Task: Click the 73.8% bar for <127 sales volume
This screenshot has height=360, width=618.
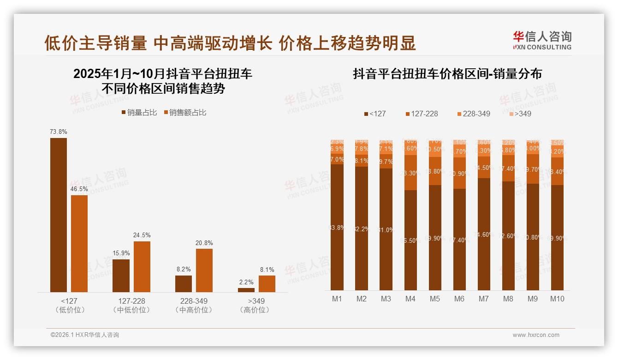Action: [59, 215]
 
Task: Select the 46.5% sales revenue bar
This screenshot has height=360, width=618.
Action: [79, 243]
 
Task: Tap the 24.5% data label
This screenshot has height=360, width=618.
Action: [142, 235]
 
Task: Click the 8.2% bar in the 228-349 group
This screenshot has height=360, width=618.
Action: [184, 283]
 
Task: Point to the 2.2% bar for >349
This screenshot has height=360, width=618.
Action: [246, 290]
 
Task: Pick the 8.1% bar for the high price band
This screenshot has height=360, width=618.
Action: [267, 283]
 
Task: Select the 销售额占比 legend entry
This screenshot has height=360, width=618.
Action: [184, 112]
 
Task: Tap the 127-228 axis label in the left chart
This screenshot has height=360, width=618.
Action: [131, 301]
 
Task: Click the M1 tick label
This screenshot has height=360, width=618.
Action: [337, 299]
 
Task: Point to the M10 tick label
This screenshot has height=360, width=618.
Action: [557, 299]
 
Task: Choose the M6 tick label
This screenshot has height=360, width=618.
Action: [459, 299]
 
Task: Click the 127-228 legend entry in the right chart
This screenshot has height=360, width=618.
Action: [422, 114]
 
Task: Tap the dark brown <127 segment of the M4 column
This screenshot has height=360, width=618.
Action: [410, 240]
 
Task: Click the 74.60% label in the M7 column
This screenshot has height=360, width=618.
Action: [483, 234]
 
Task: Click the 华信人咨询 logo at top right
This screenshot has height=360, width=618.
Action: [542, 40]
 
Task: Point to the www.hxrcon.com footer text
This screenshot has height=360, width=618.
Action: [536, 335]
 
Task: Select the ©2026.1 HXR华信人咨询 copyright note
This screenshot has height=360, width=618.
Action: [85, 335]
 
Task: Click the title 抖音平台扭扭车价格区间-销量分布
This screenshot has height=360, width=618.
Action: [447, 74]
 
